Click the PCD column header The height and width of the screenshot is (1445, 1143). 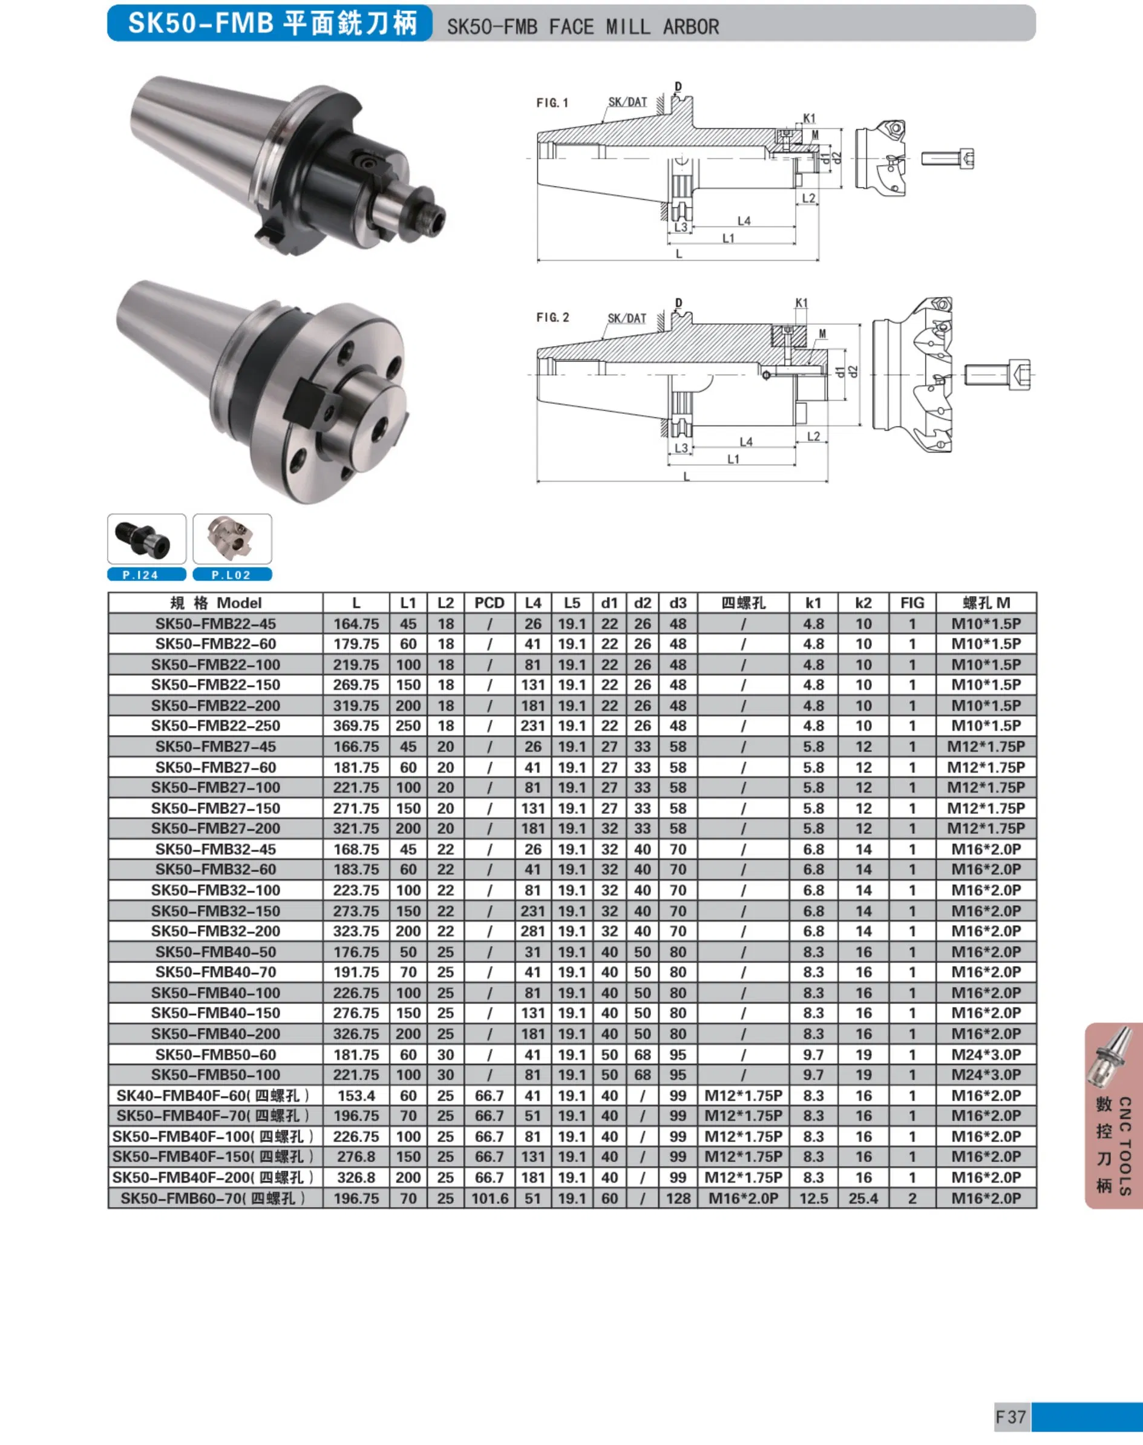489,603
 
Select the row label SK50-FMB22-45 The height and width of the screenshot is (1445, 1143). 215,624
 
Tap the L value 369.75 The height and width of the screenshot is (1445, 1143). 356,726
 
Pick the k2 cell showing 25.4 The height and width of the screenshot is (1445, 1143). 863,1199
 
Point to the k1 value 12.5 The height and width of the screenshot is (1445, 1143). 813,1199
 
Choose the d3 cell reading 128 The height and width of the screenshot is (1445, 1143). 678,1199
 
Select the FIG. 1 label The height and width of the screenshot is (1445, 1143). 552,102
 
